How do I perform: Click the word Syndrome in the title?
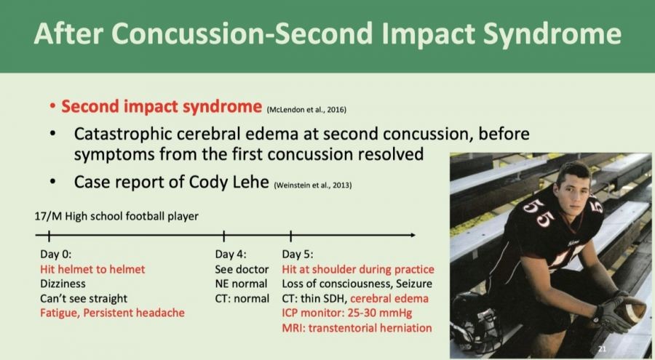552,33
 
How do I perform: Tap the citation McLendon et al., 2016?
306,110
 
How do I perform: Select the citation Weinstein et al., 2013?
313,185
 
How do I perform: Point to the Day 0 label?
55,255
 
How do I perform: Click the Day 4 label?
231,255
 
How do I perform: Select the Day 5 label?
298,255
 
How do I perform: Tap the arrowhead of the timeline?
413,235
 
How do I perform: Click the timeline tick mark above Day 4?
224,236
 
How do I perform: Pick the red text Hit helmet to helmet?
92,269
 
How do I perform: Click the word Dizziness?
63,284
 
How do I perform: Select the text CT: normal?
242,299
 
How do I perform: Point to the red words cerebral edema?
389,299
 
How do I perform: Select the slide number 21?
602,348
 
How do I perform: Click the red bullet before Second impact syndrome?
52,106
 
